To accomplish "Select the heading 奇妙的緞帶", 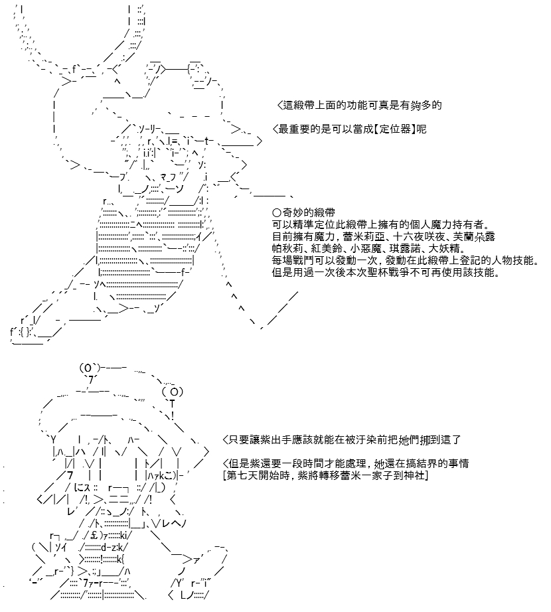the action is [308, 212].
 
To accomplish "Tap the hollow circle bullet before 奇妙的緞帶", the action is [277, 212].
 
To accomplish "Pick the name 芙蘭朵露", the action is [474, 236].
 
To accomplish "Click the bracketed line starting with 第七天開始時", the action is [325, 475].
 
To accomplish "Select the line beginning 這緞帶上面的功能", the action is [359, 105].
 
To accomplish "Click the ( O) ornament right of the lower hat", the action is [172, 392].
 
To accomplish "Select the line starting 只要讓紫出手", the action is [342, 440].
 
